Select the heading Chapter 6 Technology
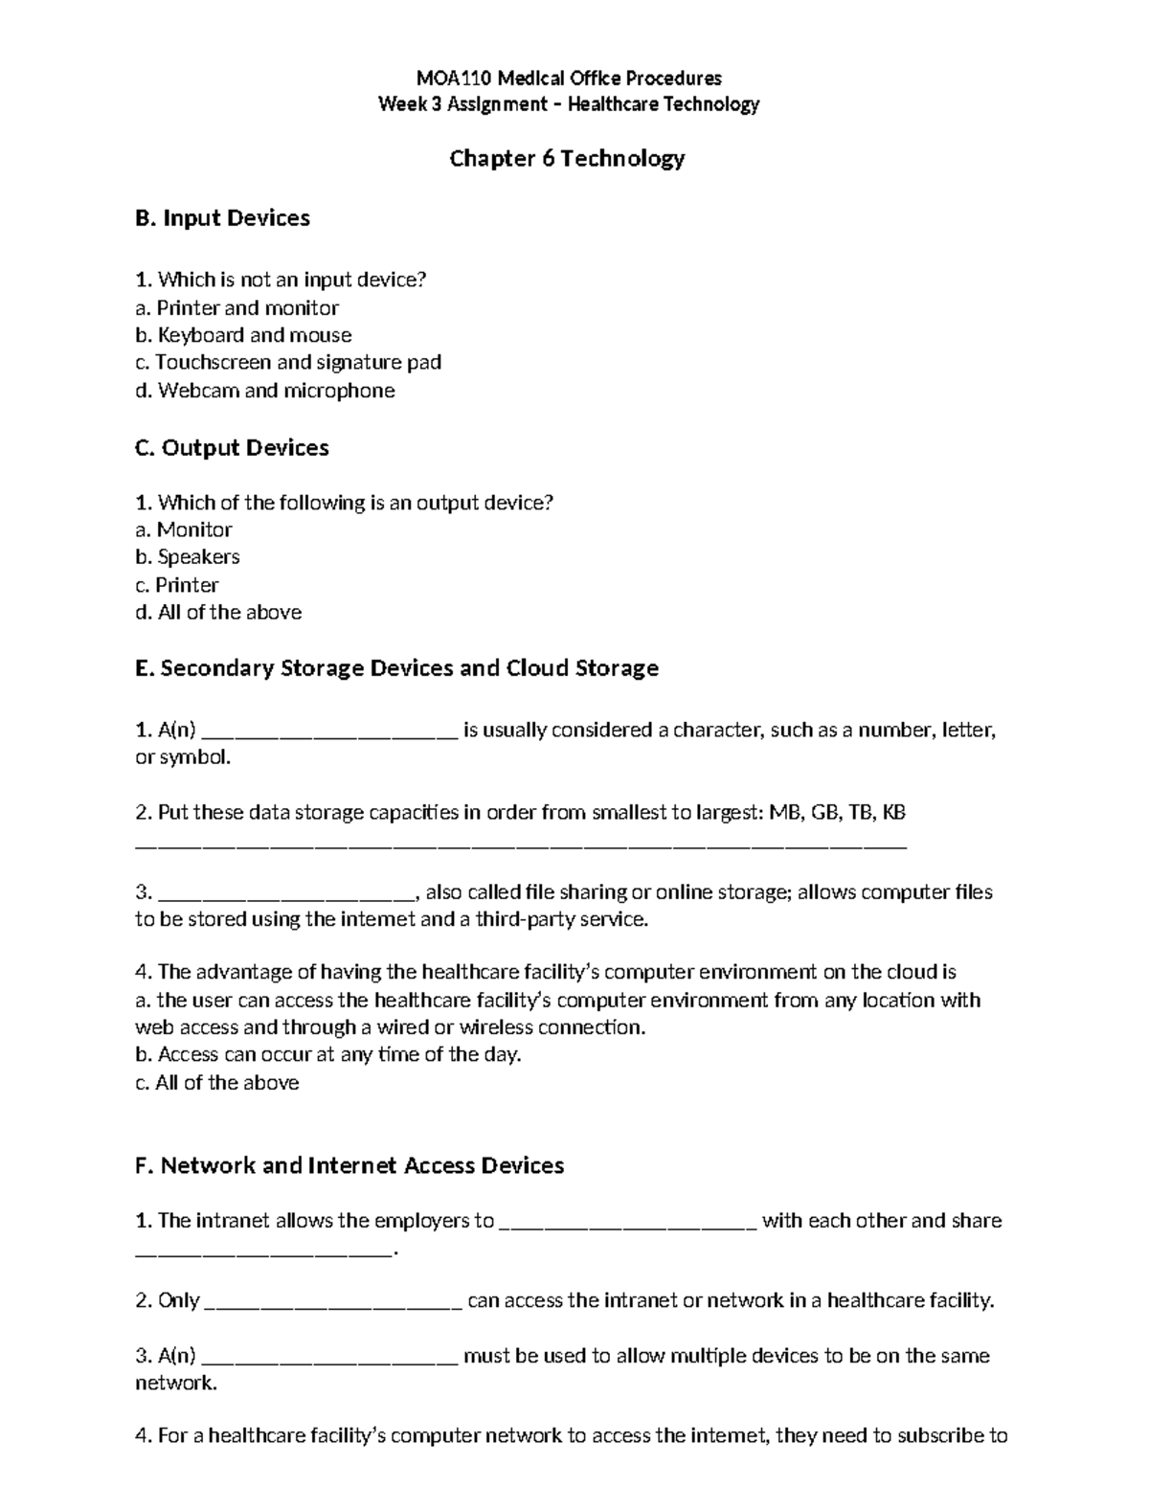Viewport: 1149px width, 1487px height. [x=567, y=159]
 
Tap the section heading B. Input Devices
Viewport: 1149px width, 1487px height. [x=222, y=218]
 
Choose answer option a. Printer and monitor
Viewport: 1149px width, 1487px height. [x=237, y=308]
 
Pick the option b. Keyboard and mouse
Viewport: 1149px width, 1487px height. [x=243, y=335]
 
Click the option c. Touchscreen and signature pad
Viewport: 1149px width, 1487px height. [x=287, y=362]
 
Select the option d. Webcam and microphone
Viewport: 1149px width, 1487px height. [x=264, y=391]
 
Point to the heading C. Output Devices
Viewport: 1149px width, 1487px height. [x=232, y=448]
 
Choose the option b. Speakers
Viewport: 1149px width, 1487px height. [x=188, y=557]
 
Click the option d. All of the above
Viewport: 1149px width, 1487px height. [x=218, y=613]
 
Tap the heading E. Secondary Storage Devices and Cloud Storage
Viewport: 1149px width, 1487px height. [x=396, y=668]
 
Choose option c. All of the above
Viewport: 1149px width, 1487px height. [x=216, y=1083]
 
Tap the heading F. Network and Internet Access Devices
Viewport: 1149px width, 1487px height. [x=349, y=1165]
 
